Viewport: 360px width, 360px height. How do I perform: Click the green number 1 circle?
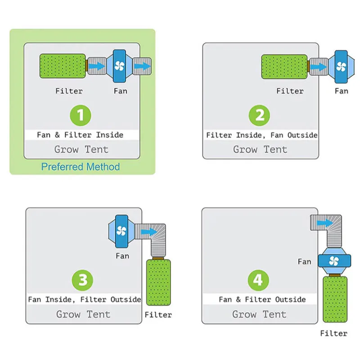tap(81, 116)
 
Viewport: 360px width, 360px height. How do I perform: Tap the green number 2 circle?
tap(260, 116)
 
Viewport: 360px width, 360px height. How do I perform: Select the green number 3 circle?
tap(83, 280)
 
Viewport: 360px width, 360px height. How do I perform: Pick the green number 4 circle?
tap(258, 280)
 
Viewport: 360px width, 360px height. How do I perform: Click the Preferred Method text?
tap(81, 167)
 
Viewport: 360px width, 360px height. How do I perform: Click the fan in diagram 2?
tap(341, 66)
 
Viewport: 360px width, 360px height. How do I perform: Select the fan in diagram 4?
tap(334, 261)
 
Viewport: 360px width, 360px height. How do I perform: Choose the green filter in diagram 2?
tap(284, 66)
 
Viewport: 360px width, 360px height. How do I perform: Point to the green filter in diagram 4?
tap(335, 300)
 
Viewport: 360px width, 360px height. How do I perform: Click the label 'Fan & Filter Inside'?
tap(81, 135)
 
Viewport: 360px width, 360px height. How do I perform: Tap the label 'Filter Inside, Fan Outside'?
tap(261, 135)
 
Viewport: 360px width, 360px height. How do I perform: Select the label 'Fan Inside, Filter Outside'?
tap(84, 299)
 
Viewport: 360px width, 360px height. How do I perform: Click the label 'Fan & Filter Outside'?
tap(262, 299)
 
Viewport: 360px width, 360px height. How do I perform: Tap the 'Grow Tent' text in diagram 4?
tap(259, 314)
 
